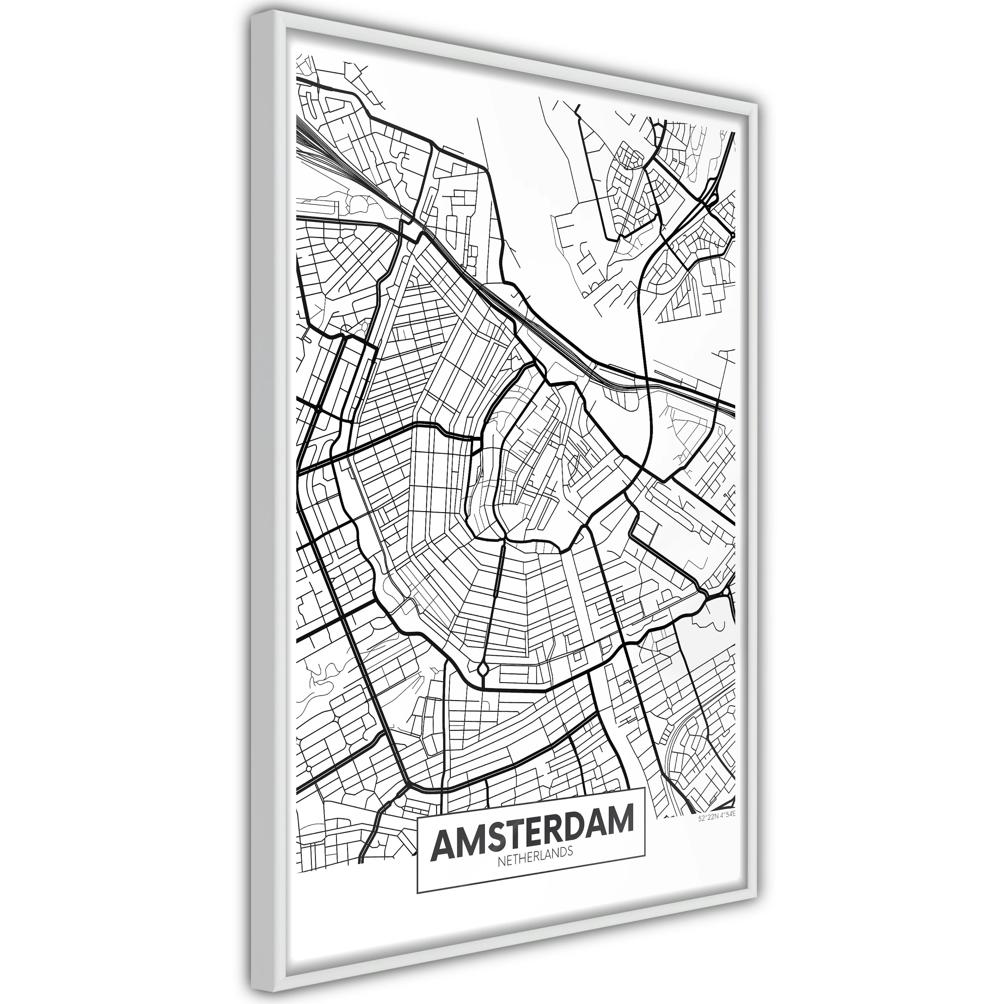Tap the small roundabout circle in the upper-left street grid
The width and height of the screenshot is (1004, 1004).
click(339, 240)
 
